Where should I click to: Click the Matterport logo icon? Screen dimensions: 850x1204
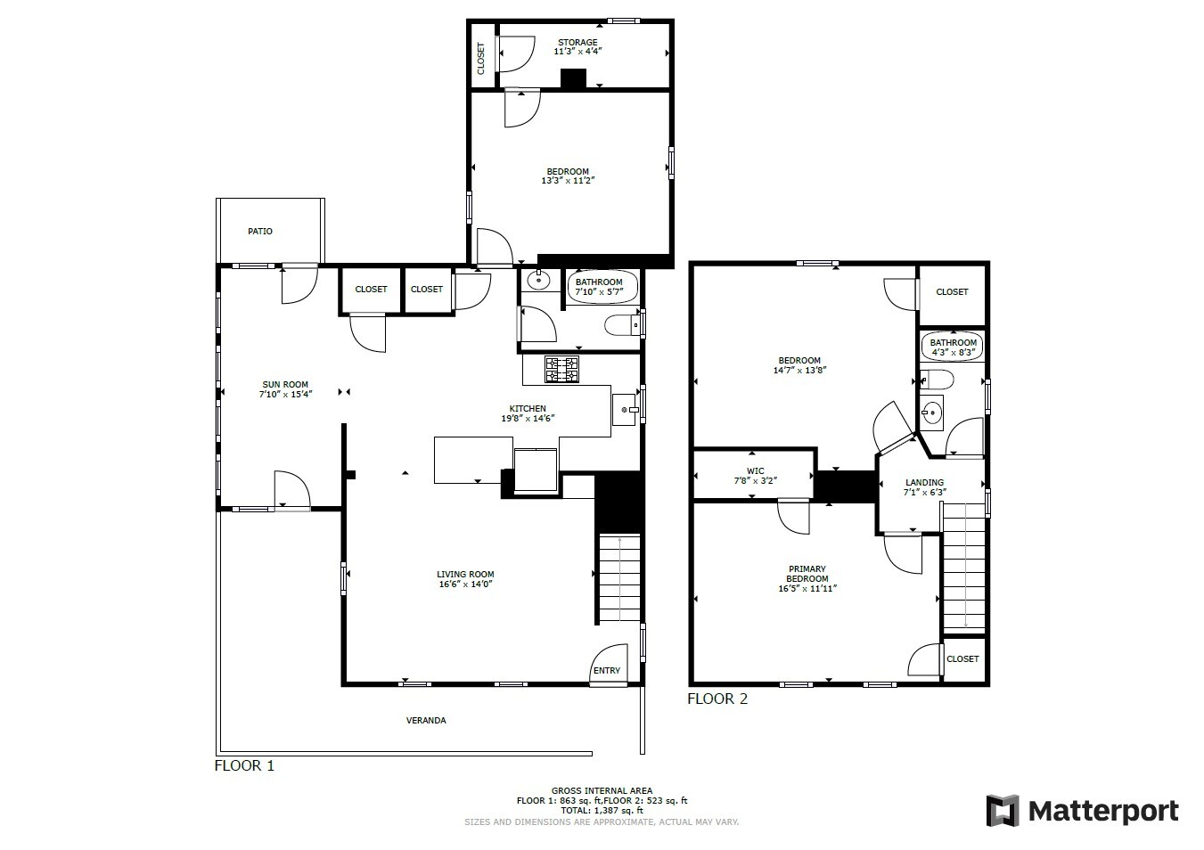(x=1002, y=811)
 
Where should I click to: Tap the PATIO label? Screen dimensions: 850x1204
(x=260, y=232)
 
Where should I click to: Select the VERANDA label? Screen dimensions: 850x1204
(x=426, y=720)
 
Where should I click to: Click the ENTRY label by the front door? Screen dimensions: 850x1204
(x=607, y=671)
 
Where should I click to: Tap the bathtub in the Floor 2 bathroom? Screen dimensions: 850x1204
(x=953, y=347)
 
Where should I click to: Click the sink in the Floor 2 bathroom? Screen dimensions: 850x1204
(x=931, y=413)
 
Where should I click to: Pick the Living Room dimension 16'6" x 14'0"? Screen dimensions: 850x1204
(x=465, y=584)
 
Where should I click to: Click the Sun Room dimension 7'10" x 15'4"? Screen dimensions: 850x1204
(x=285, y=395)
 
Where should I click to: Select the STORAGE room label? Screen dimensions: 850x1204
(x=577, y=43)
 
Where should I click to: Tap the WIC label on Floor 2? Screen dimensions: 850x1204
(x=755, y=470)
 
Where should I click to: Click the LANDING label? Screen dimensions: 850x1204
(x=924, y=482)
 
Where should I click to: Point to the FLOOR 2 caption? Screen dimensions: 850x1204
(x=717, y=699)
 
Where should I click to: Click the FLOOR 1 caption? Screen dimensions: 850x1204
(x=245, y=765)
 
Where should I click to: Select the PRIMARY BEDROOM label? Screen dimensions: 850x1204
(x=807, y=574)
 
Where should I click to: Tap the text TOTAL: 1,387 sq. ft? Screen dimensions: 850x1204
(x=602, y=811)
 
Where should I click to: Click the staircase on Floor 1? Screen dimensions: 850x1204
(x=619, y=577)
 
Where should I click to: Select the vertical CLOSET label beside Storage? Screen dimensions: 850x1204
(x=481, y=58)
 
